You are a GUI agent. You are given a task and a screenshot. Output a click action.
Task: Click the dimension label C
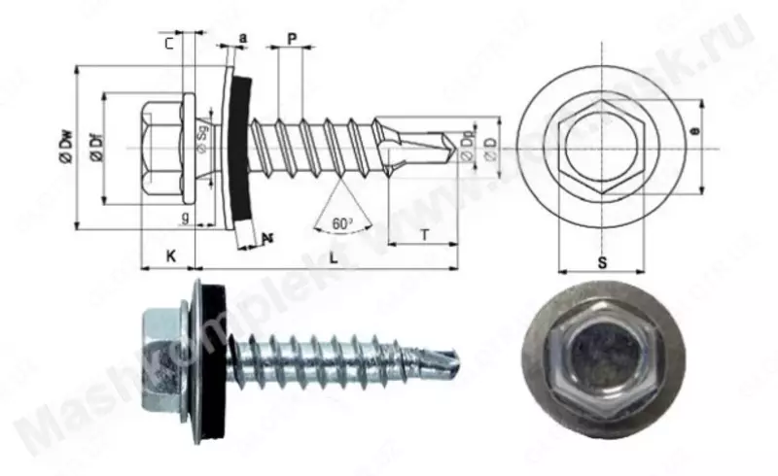click(169, 43)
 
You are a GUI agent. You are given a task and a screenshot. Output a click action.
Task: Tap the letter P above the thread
click(292, 38)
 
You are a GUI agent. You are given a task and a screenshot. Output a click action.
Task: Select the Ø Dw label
click(65, 150)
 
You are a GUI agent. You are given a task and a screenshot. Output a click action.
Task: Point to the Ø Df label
click(95, 149)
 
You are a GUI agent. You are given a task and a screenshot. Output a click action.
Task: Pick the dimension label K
click(169, 255)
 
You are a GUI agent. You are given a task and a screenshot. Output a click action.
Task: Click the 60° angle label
click(340, 223)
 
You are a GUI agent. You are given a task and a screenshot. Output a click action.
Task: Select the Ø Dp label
click(468, 146)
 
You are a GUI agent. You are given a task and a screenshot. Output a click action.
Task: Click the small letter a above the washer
click(241, 38)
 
